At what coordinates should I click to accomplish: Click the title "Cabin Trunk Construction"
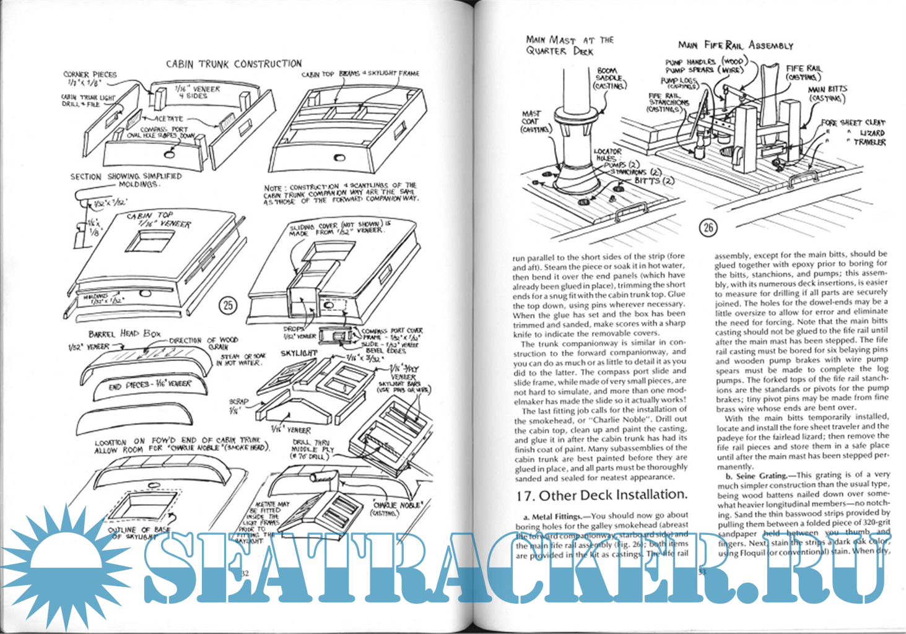point(233,63)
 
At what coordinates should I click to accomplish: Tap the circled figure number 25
point(228,305)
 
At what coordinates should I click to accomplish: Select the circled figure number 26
point(708,227)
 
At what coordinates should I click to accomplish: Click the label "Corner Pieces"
point(90,77)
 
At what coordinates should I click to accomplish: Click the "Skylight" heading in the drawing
point(298,353)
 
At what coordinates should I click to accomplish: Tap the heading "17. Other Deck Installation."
point(601,495)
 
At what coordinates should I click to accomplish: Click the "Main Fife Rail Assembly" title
point(735,45)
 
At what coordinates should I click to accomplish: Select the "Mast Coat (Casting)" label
point(534,121)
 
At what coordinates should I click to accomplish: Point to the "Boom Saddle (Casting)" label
point(609,78)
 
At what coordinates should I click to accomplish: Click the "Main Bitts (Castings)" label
point(827,93)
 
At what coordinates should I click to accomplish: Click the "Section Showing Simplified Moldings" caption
point(126,180)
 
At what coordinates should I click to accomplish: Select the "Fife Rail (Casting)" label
point(803,72)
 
